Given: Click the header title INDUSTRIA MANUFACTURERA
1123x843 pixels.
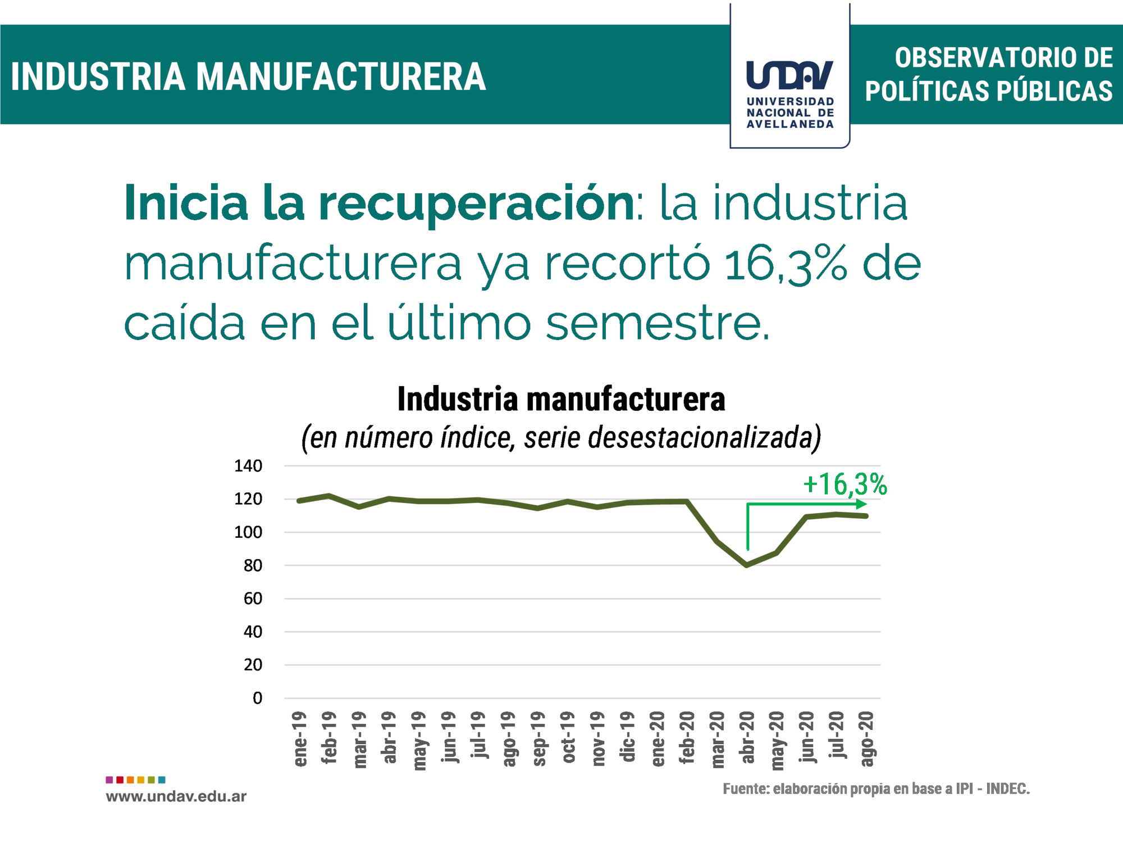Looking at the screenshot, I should tap(248, 76).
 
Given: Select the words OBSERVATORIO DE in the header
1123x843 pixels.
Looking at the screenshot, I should tap(1003, 58).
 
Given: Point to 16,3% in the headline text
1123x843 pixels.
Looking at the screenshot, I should tap(785, 264).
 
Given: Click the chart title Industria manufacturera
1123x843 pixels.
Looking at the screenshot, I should tap(561, 400).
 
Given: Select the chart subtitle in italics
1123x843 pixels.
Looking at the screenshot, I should tap(561, 438).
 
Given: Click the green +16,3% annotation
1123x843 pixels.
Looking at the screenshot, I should tap(844, 484).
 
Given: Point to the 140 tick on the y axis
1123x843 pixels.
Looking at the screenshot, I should tap(248, 466).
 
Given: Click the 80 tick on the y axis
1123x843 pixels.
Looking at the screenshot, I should tap(253, 565).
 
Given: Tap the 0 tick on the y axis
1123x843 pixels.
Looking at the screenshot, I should tap(257, 698).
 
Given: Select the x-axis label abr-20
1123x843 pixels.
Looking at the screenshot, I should tap(747, 738).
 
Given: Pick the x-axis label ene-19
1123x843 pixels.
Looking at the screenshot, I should tap(300, 738).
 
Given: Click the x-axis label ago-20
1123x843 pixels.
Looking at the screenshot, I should tap(867, 738).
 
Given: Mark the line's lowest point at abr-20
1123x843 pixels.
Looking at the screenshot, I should tap(747, 565).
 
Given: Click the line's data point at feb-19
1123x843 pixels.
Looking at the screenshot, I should tap(329, 496).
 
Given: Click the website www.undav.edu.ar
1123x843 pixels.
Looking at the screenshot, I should tap(176, 796).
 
